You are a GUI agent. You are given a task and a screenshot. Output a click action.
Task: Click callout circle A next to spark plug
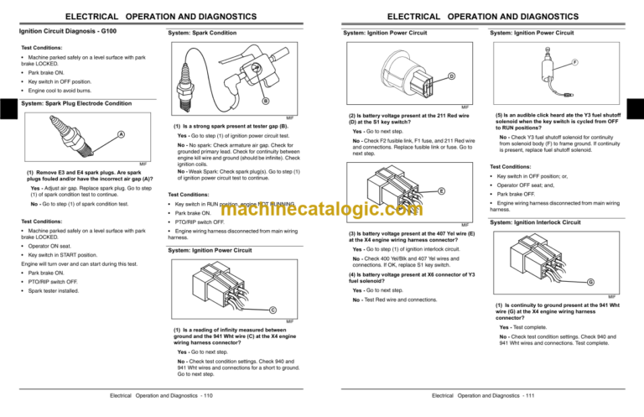click(121, 135)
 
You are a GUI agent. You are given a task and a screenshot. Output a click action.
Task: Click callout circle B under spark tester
click(266, 102)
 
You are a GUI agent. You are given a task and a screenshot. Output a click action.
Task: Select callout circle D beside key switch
click(452, 78)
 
